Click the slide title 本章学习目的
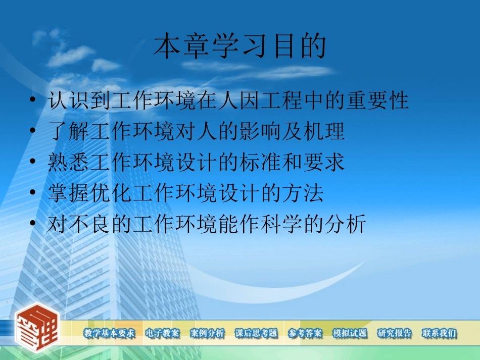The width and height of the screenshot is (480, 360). coord(239,47)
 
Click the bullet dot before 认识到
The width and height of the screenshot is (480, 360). coord(33,101)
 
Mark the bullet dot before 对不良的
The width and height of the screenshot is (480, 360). coord(33,224)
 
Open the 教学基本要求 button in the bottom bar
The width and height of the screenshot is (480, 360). coord(109,333)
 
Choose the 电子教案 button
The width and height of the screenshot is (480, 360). coord(162,333)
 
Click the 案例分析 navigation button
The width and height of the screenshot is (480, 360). coord(207,333)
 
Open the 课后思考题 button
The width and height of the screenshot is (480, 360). coord(256,333)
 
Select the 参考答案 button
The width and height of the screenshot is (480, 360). coord(305,333)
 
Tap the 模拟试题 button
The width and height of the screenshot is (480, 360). coord(350,333)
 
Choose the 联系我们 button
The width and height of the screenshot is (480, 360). coord(439,333)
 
